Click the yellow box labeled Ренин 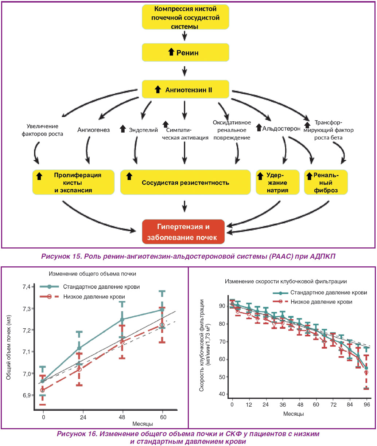point(186,52)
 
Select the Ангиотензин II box point(186,89)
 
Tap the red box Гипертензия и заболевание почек point(183,232)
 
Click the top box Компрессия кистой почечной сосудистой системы point(186,17)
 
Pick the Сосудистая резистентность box point(186,182)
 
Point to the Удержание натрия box point(277,182)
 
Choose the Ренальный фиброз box point(326,182)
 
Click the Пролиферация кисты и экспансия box point(73,182)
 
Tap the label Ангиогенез point(93,130)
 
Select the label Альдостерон point(281,129)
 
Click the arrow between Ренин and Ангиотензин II point(184,71)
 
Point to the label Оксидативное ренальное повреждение point(232,130)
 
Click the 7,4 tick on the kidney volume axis point(27,287)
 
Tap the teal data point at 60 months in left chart point(162,310)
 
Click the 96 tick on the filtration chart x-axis point(367,404)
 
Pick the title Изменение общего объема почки point(92,274)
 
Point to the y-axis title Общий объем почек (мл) point(8,348)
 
